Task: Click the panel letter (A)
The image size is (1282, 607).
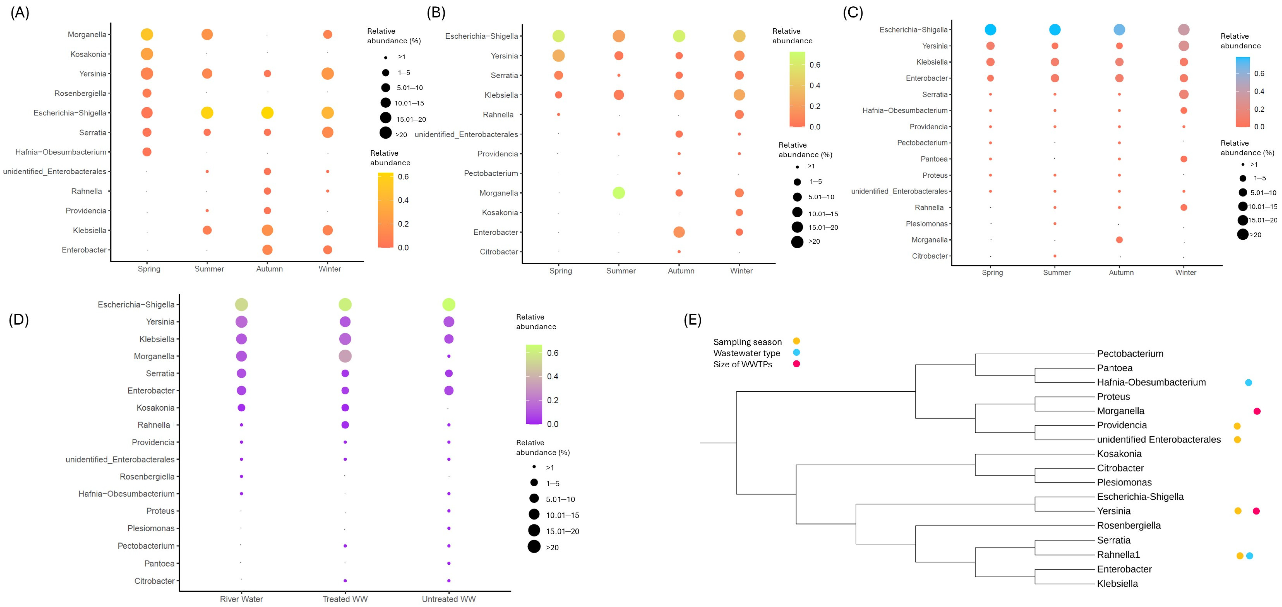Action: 20,13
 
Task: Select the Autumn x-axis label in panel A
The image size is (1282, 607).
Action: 269,269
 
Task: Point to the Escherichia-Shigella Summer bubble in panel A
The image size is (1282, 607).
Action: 207,113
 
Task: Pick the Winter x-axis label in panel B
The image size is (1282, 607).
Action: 741,271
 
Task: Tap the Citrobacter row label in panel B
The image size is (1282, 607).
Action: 499,252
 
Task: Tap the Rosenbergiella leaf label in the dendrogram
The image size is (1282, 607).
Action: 1129,525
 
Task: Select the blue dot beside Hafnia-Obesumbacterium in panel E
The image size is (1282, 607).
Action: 1248,383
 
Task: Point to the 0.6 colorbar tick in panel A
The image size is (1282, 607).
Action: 403,177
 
